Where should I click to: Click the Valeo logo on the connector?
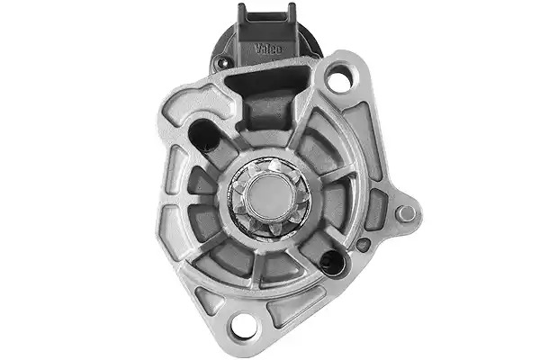(268, 49)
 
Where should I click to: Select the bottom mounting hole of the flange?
(244, 325)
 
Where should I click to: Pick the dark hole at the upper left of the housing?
(203, 135)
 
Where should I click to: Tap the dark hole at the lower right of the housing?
(332, 263)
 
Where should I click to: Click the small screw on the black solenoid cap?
(221, 62)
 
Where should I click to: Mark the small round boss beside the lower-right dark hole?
(363, 245)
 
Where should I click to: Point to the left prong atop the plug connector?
(241, 10)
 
